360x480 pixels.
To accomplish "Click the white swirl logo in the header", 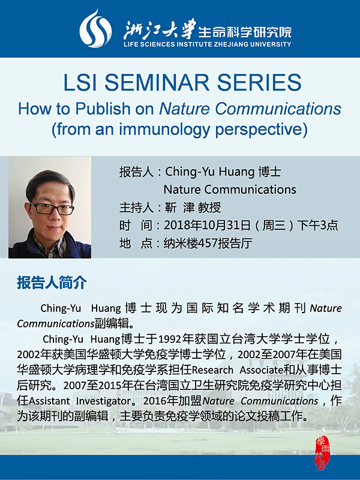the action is [95, 28].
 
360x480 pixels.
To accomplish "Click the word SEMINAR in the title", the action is [157, 82].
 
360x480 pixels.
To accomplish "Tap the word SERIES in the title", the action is [259, 82].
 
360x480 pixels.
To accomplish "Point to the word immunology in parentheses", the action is [164, 130].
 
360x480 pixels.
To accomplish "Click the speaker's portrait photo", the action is [50, 208].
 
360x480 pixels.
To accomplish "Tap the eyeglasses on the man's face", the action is [52, 208].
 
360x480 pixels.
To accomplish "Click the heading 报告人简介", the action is [52, 283].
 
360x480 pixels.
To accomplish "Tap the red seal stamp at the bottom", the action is [322, 453].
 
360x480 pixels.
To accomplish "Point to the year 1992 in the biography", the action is [170, 339].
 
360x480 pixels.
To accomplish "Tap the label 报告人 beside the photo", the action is [137, 172].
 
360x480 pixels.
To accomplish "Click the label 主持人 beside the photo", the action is [137, 208].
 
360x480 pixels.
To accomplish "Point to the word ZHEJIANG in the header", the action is [231, 44].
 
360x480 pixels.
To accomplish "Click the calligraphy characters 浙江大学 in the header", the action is [160, 29].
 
